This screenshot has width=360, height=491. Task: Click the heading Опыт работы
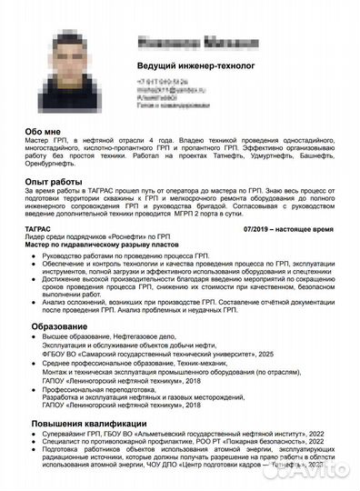(58, 183)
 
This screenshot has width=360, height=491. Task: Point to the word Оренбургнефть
(55, 168)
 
